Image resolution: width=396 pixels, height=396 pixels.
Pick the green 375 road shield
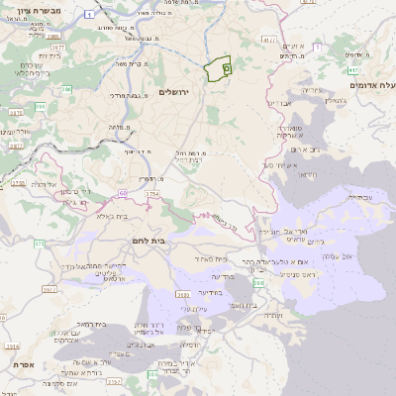[x=39, y=244]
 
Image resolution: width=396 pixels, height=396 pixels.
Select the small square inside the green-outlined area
[x=225, y=69]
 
